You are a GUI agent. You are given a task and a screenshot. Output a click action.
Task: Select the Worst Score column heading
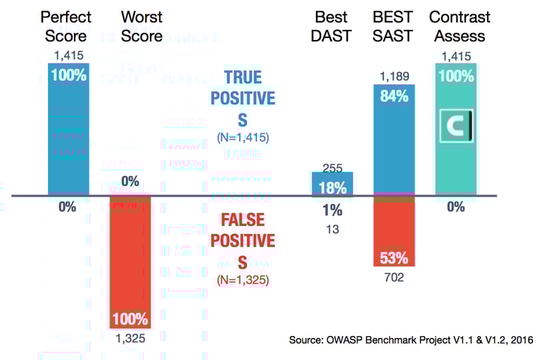[141, 25]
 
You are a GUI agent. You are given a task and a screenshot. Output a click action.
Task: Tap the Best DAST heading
[330, 25]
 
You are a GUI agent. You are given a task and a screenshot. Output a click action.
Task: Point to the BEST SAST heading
[393, 25]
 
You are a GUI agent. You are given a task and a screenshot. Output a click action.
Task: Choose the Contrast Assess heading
[460, 25]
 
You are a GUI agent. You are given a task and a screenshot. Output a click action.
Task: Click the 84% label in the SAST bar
[394, 96]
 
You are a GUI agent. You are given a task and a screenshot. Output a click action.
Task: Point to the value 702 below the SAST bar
[394, 277]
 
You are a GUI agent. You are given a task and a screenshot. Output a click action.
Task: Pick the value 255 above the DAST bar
[332, 169]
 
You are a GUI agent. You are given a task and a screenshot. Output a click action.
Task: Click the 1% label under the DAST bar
[332, 211]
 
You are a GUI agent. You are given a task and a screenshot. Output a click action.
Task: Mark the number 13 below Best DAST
[332, 229]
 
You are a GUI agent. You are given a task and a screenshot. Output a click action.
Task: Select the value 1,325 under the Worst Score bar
[130, 338]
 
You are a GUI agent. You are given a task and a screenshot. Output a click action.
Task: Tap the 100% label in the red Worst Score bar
[130, 319]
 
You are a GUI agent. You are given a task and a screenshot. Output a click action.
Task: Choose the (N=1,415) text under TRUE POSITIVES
[243, 138]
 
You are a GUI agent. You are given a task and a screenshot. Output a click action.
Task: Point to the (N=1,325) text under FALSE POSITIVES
[243, 279]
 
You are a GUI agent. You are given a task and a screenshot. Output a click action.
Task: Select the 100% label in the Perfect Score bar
[69, 75]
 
